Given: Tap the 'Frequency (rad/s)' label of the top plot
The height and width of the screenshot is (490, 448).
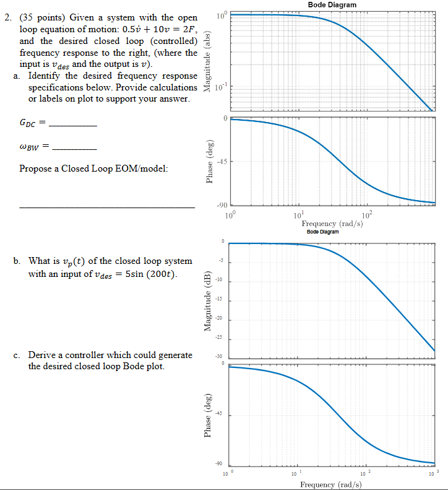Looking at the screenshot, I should coord(332,224).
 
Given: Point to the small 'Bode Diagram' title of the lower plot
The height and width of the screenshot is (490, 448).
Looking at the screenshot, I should coord(323,232).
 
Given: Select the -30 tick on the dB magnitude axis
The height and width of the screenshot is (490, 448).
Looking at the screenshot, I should coord(218,357).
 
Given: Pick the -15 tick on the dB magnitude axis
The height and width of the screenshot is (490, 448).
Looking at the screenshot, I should coord(218,301).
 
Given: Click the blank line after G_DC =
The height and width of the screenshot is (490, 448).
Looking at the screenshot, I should coord(72,126).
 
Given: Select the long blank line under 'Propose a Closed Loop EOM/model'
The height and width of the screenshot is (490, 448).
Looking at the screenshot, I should coord(106,206).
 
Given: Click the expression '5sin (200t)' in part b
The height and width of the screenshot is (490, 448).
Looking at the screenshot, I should coord(154,274).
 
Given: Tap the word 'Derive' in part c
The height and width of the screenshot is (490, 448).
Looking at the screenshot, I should coord(41,355).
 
